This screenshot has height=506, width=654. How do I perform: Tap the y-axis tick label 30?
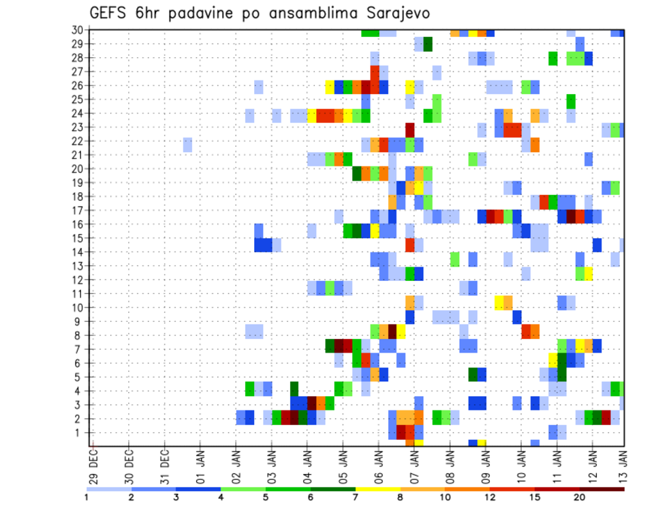point(77,30)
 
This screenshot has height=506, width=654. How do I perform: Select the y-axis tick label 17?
point(77,210)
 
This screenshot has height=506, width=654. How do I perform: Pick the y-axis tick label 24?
point(77,113)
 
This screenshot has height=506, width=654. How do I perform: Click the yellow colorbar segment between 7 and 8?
point(378,489)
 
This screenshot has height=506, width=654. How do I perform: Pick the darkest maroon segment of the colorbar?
point(602,489)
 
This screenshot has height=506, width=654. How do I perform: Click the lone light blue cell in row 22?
point(187,145)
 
